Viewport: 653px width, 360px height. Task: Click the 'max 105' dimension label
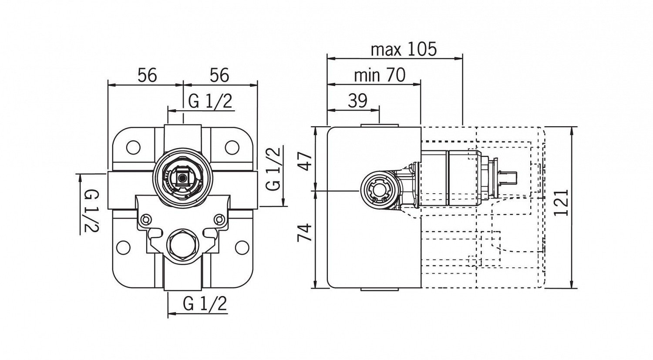tap(403, 50)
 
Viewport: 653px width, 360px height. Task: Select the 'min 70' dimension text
tap(379, 75)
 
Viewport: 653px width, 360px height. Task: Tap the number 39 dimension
tap(358, 101)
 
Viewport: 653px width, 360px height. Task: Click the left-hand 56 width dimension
tap(147, 75)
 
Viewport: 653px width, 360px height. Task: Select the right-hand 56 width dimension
tap(219, 75)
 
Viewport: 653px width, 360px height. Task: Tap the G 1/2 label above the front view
tap(210, 102)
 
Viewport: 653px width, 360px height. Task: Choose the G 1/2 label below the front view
tap(205, 304)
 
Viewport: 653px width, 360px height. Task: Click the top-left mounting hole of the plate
tap(133, 148)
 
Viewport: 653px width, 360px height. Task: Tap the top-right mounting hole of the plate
tap(232, 148)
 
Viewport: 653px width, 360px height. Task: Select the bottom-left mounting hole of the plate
tap(124, 248)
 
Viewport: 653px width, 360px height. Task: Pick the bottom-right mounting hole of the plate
tap(241, 248)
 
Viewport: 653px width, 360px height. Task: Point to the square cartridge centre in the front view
tap(182, 178)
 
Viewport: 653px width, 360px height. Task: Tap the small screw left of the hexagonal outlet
tap(146, 219)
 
